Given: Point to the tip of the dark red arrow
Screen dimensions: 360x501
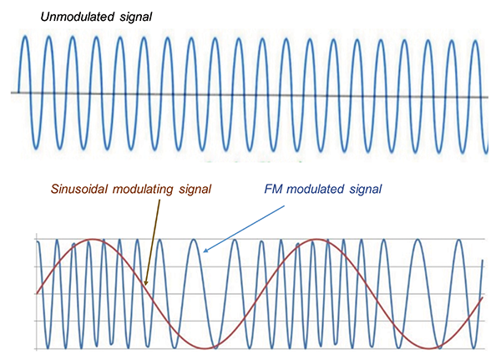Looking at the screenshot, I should pos(145,286).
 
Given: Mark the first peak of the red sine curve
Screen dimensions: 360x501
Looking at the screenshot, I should pos(100,240).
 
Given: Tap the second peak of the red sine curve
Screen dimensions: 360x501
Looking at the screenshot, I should pos(318,240).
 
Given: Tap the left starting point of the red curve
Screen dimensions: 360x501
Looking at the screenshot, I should pos(37,293).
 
